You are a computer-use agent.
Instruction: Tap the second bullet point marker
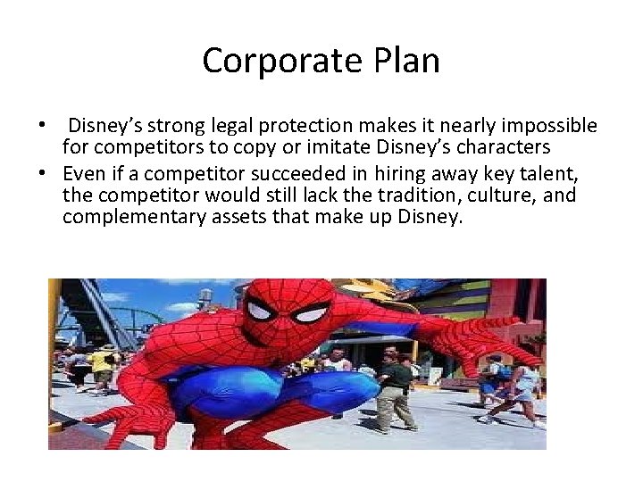coord(53,171)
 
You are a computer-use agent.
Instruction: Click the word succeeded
coord(262,171)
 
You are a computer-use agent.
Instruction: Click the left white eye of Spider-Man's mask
coord(260,312)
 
